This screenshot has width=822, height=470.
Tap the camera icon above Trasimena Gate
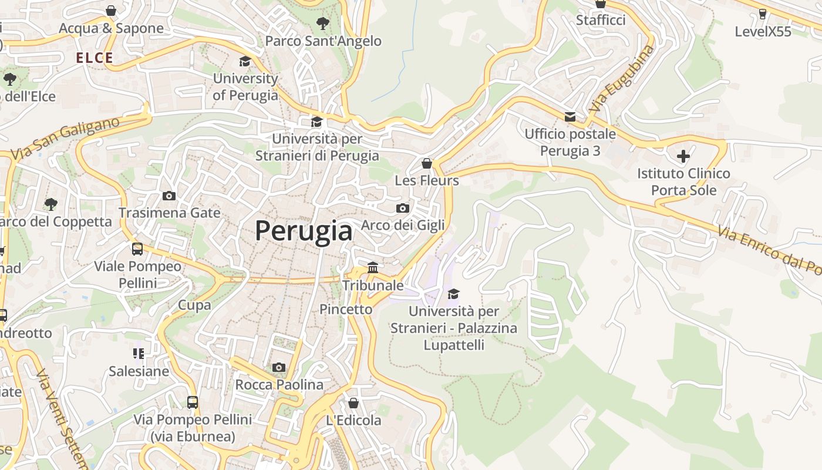(169, 196)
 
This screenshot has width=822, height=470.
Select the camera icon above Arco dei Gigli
(402, 208)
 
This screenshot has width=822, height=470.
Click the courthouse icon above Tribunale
(372, 268)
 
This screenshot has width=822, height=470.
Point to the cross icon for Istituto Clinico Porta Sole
(683, 156)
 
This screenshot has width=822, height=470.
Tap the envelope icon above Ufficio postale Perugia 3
(570, 117)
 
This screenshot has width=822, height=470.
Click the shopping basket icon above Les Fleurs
(427, 163)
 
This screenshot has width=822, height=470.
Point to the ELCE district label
(95, 58)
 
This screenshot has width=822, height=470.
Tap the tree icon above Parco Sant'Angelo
(322, 23)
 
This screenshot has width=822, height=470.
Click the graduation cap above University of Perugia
(245, 62)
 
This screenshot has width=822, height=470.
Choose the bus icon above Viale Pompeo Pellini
(137, 249)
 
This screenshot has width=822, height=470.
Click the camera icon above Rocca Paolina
(279, 368)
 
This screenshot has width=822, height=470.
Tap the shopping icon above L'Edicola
(353, 403)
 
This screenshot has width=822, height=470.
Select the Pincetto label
(346, 309)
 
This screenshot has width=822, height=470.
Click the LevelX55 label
(763, 32)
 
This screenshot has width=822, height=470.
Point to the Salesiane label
(139, 371)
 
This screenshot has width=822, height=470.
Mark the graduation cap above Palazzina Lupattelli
(453, 294)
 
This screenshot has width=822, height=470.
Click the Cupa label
(194, 305)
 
